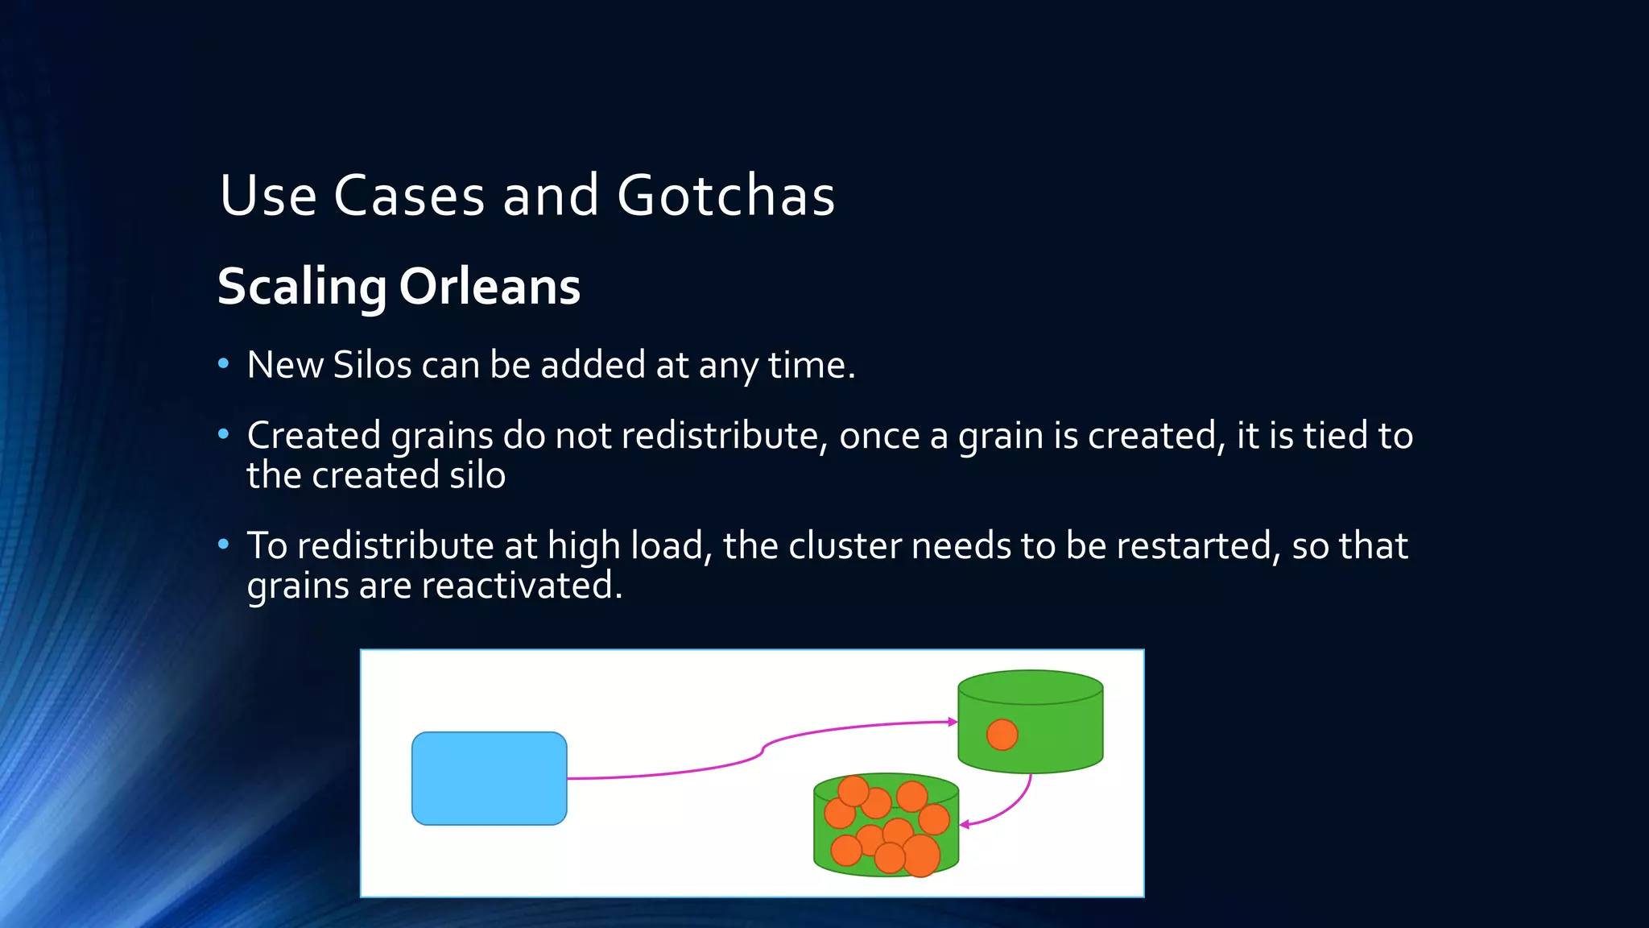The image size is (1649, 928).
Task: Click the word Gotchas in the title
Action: pyautogui.click(x=726, y=196)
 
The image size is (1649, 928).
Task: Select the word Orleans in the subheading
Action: pyautogui.click(x=490, y=287)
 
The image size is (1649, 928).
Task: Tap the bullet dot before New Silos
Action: pyautogui.click(x=224, y=364)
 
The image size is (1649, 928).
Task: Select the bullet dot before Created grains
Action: pyautogui.click(x=224, y=435)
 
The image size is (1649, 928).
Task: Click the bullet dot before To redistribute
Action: pyautogui.click(x=224, y=545)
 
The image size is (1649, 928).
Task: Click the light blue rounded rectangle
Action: pyautogui.click(x=489, y=778)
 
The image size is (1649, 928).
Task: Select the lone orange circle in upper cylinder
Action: pyautogui.click(x=1002, y=735)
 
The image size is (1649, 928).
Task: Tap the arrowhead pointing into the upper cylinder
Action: pyautogui.click(x=953, y=722)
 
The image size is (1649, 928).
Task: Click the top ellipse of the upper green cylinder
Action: pyautogui.click(x=1030, y=687)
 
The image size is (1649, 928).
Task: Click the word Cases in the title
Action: pyautogui.click(x=409, y=196)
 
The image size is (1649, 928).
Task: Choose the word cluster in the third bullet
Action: pyautogui.click(x=845, y=546)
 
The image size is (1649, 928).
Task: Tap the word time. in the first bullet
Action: pyautogui.click(x=812, y=365)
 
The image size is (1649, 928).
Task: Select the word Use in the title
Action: pyautogui.click(x=268, y=196)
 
